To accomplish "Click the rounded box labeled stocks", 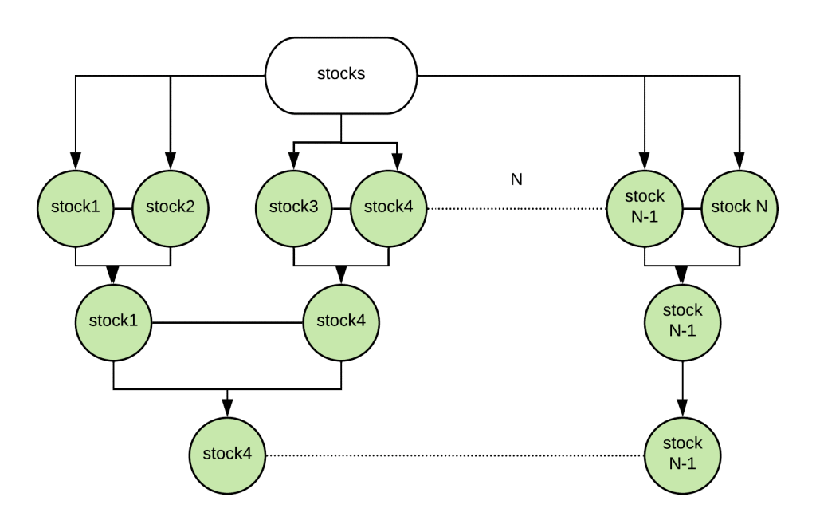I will pyautogui.click(x=341, y=75).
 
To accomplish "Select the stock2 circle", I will pyautogui.click(x=169, y=208).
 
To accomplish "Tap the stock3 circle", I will pyautogui.click(x=294, y=208).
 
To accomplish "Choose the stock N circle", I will pyautogui.click(x=739, y=208).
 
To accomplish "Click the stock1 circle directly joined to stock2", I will pyautogui.click(x=76, y=208).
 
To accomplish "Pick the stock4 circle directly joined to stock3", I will pyautogui.click(x=388, y=208).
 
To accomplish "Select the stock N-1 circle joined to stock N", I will pyautogui.click(x=645, y=208).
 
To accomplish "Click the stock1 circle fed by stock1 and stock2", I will pyautogui.click(x=113, y=321).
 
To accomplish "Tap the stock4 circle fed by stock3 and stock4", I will pyautogui.click(x=341, y=321).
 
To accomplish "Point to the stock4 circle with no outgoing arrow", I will pyautogui.click(x=227, y=455).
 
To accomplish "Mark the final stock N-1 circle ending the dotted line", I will pyautogui.click(x=682, y=455).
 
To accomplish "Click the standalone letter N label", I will pyautogui.click(x=516, y=180).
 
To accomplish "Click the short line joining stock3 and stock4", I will pyautogui.click(x=341, y=209).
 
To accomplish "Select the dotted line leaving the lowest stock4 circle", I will pyautogui.click(x=454, y=455).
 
